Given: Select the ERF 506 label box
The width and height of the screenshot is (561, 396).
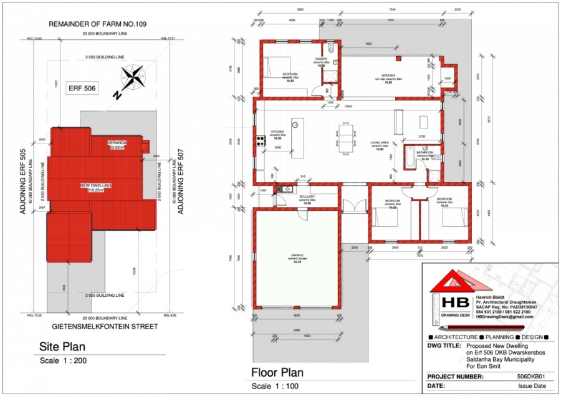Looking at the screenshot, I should (x=82, y=89).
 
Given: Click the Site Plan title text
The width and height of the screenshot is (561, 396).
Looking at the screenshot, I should (x=62, y=347).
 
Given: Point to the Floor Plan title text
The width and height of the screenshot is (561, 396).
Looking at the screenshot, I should (x=277, y=373).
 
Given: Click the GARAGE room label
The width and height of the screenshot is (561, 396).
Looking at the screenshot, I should (x=296, y=256).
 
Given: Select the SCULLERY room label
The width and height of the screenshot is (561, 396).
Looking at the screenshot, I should (x=306, y=196).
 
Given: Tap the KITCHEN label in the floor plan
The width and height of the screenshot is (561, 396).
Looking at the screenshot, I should (x=277, y=132).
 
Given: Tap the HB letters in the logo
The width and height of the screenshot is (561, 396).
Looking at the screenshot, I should (x=451, y=301).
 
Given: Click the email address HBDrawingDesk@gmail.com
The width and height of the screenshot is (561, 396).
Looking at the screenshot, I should (x=503, y=317).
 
